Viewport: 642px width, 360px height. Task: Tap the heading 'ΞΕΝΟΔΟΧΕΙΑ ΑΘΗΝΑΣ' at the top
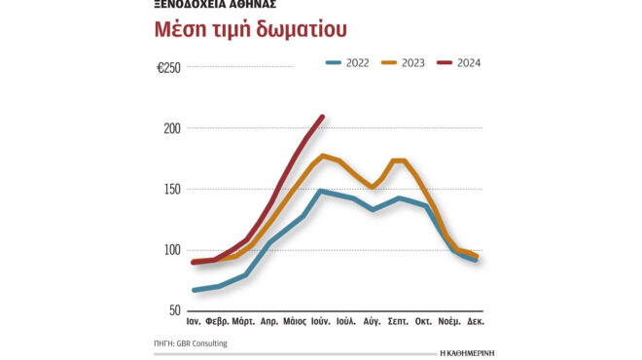click(215, 4)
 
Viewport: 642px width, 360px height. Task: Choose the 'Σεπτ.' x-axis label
click(398, 320)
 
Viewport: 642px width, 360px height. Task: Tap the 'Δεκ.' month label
click(477, 320)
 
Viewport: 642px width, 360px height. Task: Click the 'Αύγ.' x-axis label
click(373, 320)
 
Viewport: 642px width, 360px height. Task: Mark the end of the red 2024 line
click(322, 117)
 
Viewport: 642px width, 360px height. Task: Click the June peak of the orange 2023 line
click(322, 156)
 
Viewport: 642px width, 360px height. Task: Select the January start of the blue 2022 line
click(195, 290)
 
